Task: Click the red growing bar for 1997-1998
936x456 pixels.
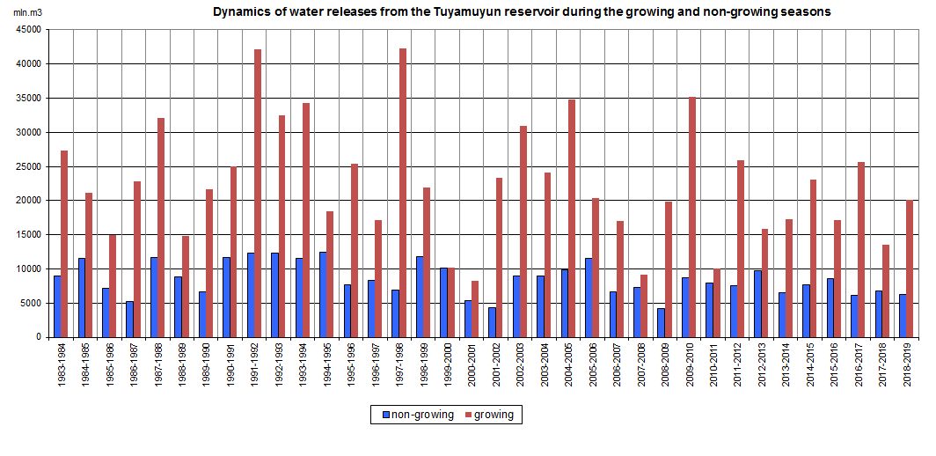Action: [403, 193]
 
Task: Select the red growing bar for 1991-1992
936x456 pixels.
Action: [258, 193]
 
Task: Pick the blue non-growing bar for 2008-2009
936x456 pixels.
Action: [661, 322]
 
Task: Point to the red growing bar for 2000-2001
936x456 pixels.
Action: [475, 309]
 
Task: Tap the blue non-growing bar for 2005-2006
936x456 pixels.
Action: [588, 298]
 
